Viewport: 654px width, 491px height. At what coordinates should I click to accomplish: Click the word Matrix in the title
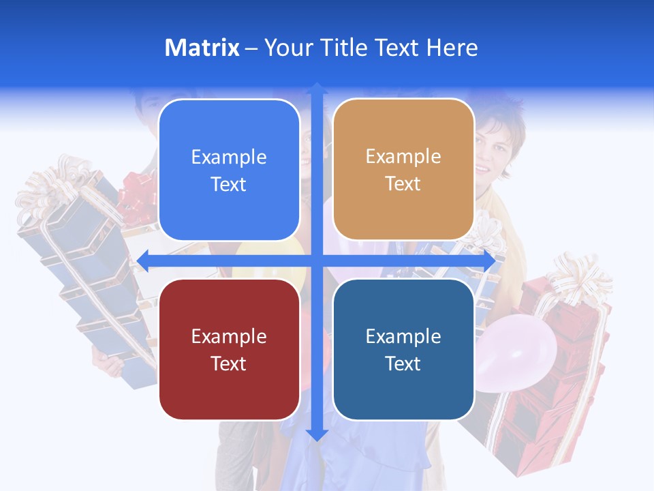[x=202, y=48]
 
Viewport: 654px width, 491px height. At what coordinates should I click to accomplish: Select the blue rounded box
[x=229, y=170]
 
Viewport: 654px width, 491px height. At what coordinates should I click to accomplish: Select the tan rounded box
[x=403, y=170]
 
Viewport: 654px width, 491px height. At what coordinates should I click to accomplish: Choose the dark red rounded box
[x=229, y=349]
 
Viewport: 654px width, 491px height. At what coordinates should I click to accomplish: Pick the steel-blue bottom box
[x=403, y=349]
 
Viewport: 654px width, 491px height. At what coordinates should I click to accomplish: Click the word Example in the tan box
[x=403, y=157]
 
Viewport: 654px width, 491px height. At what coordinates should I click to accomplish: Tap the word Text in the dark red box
[x=229, y=363]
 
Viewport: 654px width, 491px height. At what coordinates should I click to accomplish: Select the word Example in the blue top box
[x=229, y=158]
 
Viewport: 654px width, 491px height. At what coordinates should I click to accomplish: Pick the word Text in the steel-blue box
[x=403, y=363]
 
